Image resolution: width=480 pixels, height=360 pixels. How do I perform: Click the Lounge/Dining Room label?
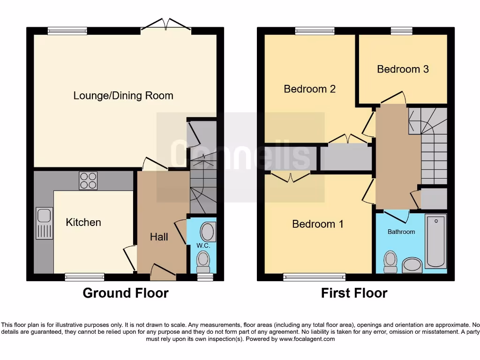coord(123,96)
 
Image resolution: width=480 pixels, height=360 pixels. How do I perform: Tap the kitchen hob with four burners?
coord(88,180)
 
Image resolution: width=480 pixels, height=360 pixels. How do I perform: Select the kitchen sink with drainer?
coord(44,224)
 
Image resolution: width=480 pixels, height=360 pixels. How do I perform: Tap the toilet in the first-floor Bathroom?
coord(390,262)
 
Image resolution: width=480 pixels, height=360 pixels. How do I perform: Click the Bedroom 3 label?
coord(403,69)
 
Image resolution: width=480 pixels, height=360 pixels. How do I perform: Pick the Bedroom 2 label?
coord(309,89)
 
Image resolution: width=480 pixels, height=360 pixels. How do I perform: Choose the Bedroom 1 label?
coord(317,224)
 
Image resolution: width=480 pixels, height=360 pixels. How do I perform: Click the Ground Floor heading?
coord(126,293)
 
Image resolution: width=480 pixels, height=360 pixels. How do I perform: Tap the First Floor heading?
coord(354,293)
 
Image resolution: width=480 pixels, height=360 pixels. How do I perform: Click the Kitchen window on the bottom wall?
coord(84,277)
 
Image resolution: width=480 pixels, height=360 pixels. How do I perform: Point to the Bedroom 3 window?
coord(402,31)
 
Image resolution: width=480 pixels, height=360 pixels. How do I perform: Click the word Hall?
coord(159,237)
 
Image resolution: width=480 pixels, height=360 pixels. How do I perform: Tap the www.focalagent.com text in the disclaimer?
coord(307,339)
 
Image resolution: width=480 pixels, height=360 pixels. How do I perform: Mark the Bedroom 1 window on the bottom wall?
coord(314,277)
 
